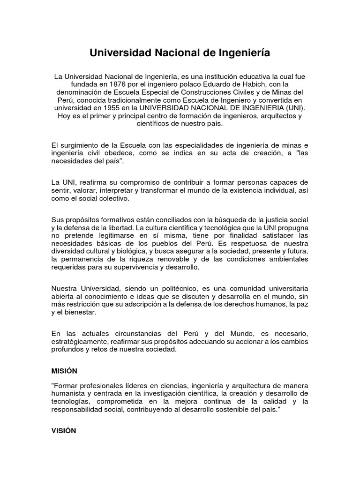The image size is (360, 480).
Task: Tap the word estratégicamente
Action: (x=79, y=341)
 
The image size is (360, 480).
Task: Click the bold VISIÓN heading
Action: (x=63, y=430)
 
